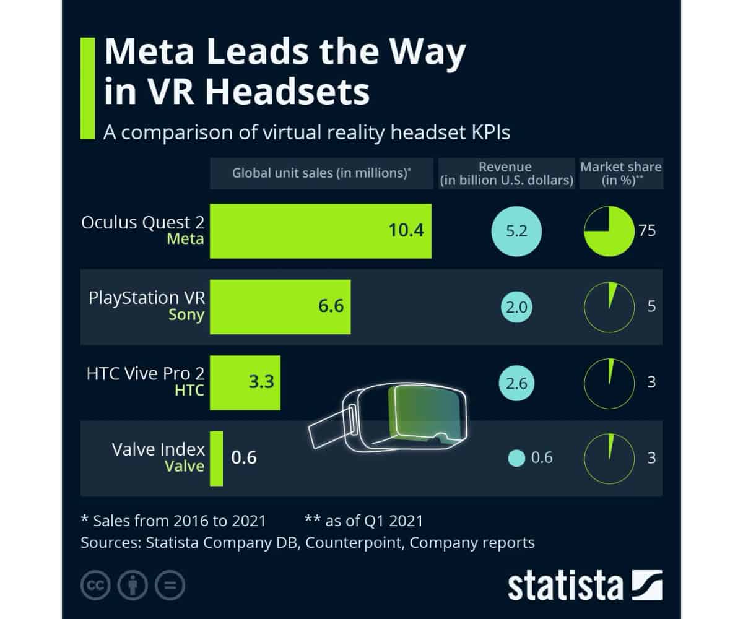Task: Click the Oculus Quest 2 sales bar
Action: tap(321, 231)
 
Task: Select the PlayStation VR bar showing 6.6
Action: tap(280, 306)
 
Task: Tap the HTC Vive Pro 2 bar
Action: tap(245, 383)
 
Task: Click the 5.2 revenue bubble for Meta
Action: tap(516, 232)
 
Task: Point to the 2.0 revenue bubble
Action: tap(516, 307)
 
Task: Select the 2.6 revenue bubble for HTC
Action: tap(516, 383)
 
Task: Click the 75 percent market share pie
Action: tap(609, 232)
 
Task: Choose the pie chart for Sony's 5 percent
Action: tap(609, 307)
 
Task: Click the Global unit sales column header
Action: tap(321, 173)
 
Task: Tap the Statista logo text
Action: tap(565, 585)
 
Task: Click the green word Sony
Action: tap(186, 314)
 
